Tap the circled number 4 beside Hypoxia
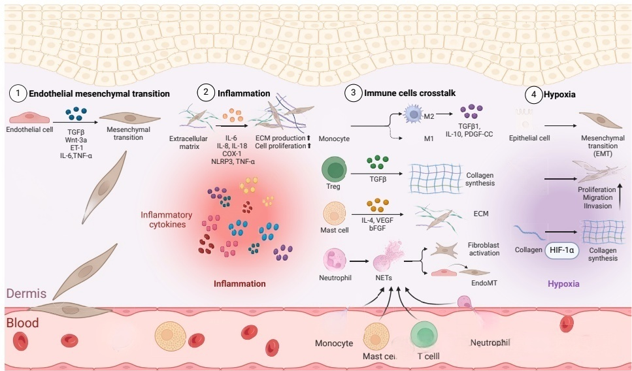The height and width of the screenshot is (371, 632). click(x=535, y=94)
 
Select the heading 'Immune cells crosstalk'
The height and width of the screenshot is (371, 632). click(x=409, y=94)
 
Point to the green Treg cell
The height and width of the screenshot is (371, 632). click(x=333, y=172)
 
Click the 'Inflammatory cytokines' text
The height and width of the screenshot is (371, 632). click(x=167, y=220)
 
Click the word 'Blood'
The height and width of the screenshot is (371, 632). click(x=23, y=323)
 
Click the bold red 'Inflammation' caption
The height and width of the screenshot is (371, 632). click(x=240, y=284)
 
